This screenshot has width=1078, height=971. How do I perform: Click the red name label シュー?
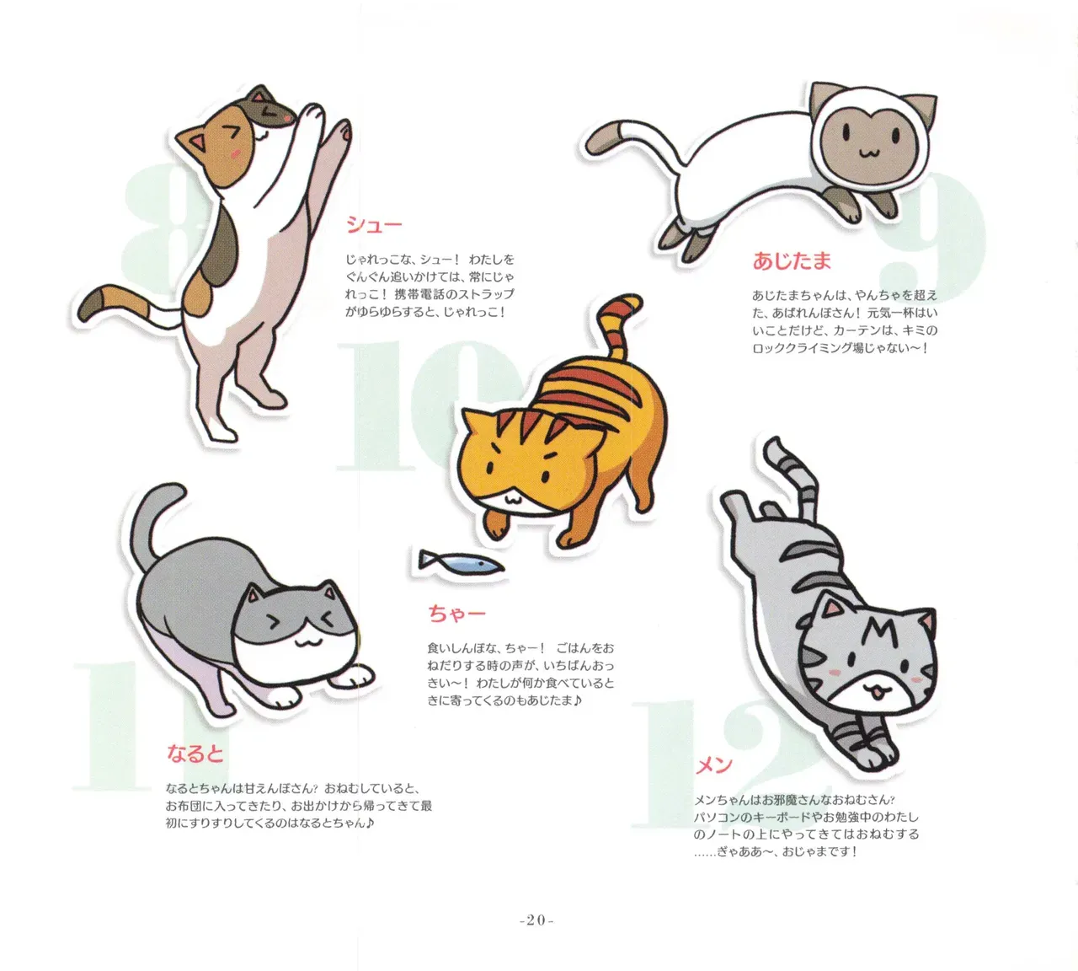coord(373,224)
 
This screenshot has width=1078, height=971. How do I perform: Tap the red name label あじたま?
coord(792,260)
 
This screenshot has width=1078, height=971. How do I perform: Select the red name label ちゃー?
coord(456,614)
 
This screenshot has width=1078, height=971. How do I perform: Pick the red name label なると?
coord(195,754)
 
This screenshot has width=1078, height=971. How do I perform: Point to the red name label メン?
coord(713,764)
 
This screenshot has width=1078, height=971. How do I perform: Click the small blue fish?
coord(461,563)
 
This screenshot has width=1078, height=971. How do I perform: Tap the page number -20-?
coord(536,920)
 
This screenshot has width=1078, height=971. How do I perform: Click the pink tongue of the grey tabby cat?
coord(877,694)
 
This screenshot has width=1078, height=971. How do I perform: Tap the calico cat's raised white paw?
coord(312,115)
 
